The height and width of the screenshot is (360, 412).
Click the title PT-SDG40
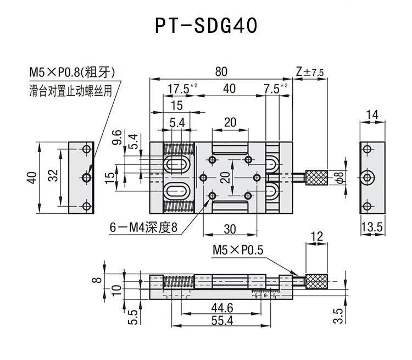[206, 26]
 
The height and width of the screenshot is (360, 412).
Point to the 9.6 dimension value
[116, 139]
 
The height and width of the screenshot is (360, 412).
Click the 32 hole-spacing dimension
[53, 176]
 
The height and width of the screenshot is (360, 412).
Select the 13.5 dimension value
[372, 226]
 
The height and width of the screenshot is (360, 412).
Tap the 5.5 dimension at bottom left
[132, 317]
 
